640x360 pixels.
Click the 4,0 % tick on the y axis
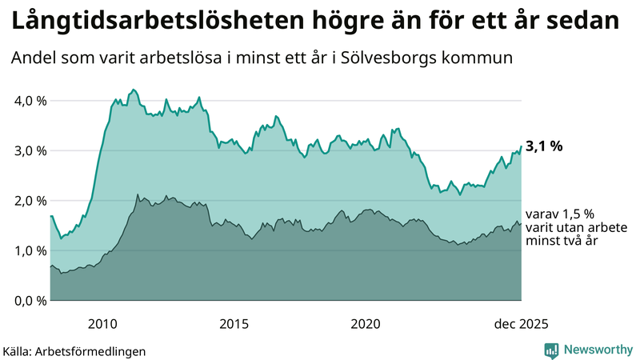click(x=26, y=101)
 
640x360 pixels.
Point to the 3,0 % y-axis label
click(x=26, y=150)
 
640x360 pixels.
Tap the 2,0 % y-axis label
click(x=26, y=201)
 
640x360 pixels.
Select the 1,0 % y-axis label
click(x=26, y=250)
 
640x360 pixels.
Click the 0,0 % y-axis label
click(x=26, y=301)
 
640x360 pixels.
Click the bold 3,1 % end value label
click(x=545, y=146)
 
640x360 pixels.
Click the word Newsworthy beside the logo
click(x=597, y=350)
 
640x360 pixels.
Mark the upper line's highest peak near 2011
click(x=133, y=90)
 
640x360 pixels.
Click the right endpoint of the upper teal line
click(x=522, y=146)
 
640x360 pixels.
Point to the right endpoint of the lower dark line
click(x=522, y=225)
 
